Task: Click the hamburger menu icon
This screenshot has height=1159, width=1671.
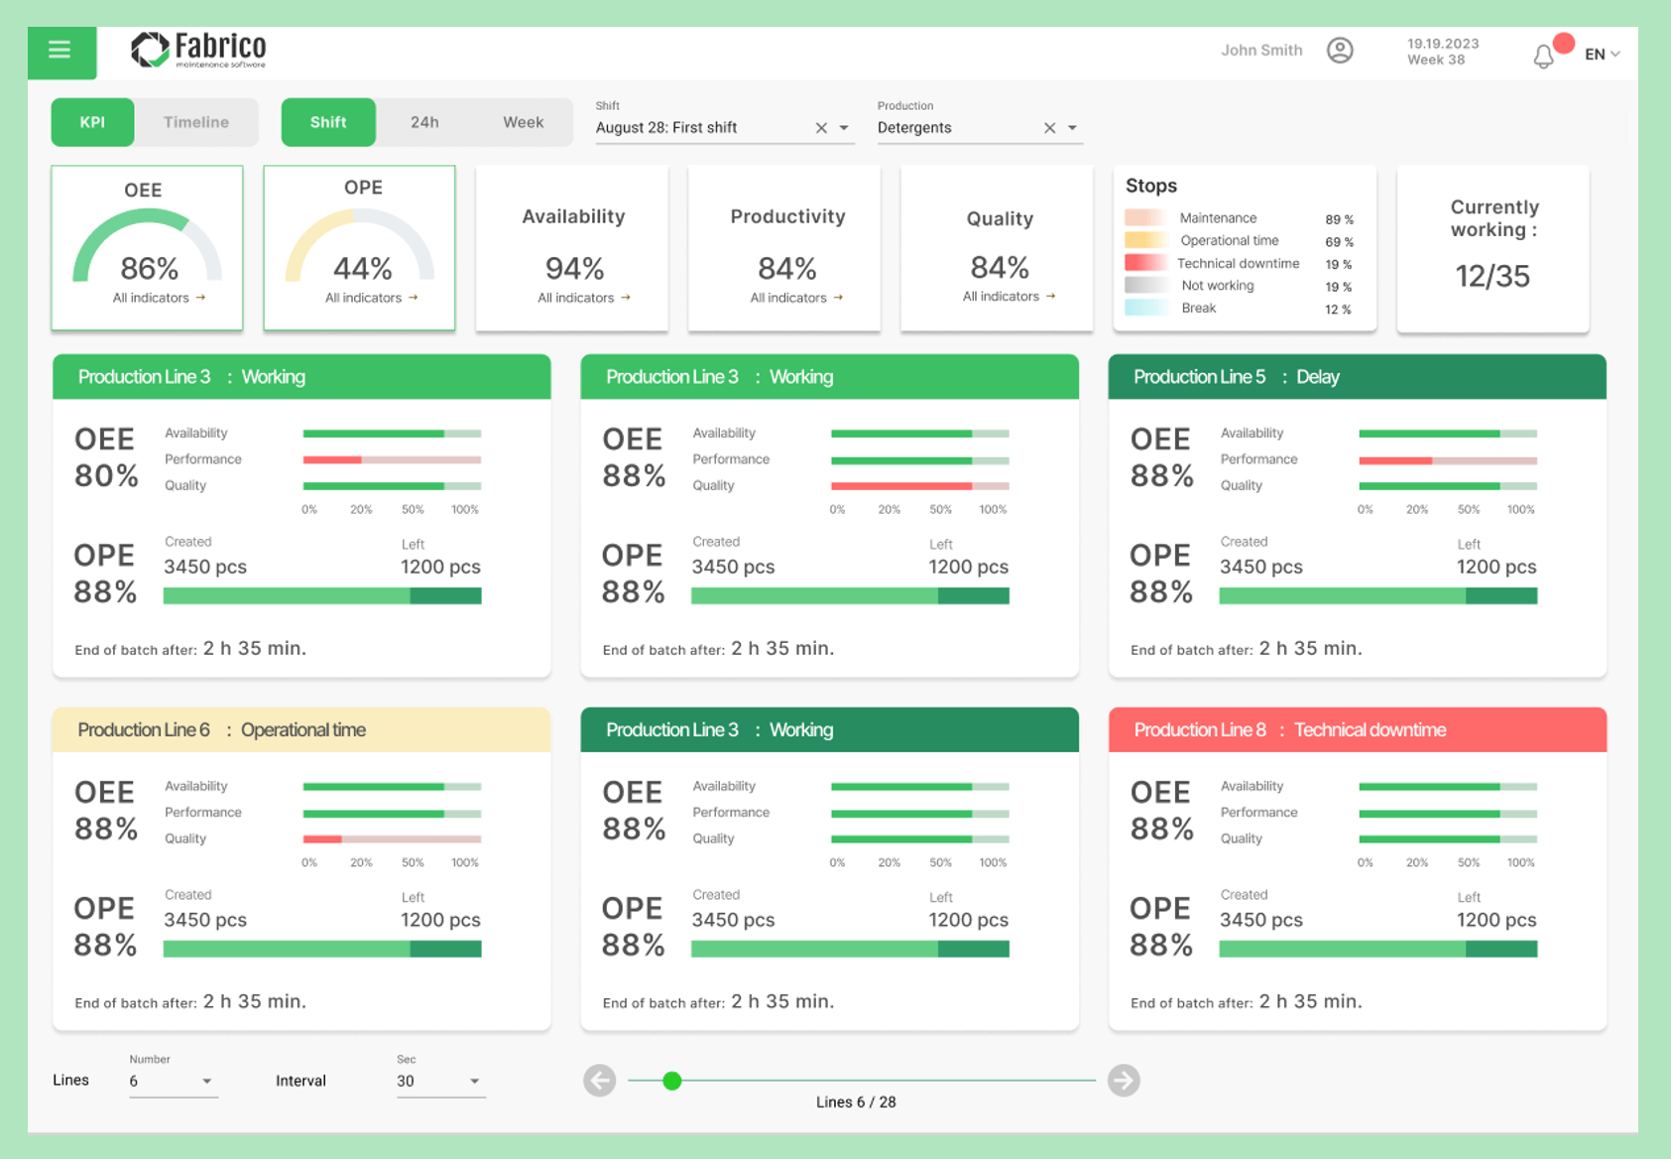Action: [x=60, y=50]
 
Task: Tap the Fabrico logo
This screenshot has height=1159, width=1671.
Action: [x=199, y=50]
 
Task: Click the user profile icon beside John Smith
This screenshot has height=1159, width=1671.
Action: [x=1340, y=51]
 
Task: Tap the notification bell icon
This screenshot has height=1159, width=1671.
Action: [x=1544, y=57]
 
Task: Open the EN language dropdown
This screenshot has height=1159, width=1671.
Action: [x=1602, y=55]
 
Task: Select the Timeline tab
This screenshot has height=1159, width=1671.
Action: [x=196, y=122]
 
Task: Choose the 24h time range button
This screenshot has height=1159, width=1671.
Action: [x=424, y=122]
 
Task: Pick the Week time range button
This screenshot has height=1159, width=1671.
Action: [x=523, y=122]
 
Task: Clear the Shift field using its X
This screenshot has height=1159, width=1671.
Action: [x=821, y=128]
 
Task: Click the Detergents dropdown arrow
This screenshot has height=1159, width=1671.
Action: [x=1072, y=128]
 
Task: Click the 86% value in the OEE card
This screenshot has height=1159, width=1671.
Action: [x=150, y=268]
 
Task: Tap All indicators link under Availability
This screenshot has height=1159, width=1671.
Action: [x=583, y=298]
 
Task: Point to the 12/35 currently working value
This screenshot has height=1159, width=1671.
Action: [x=1492, y=276]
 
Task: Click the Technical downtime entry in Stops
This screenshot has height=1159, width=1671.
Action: [x=1238, y=264]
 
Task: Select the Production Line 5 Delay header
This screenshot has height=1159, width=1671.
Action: [x=1357, y=377]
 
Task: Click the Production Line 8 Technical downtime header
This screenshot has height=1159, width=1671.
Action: [x=1357, y=730]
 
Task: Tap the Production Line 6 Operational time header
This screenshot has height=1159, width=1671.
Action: [x=301, y=730]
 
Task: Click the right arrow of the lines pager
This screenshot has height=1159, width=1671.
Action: [x=1124, y=1081]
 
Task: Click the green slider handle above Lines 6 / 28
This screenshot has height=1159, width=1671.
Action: [x=672, y=1081]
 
